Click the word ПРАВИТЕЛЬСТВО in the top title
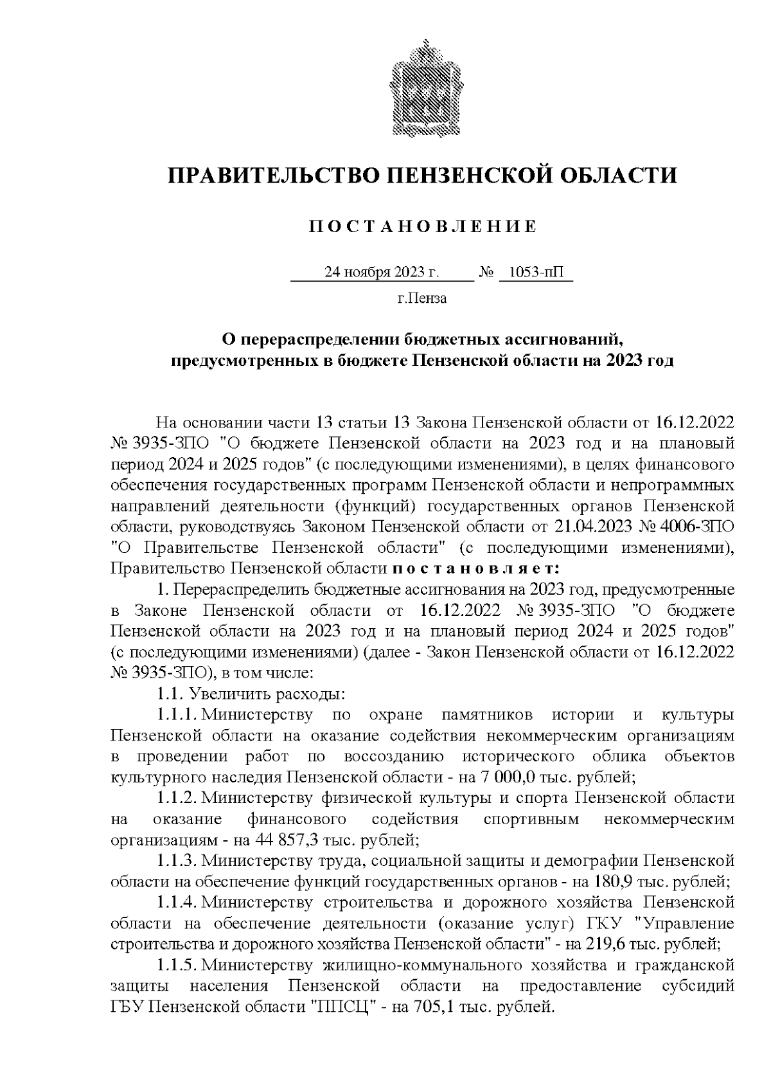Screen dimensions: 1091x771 269,176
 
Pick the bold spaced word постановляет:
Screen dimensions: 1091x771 475,568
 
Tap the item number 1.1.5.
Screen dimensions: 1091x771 176,965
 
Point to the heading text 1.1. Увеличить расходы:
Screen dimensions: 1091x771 251,694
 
